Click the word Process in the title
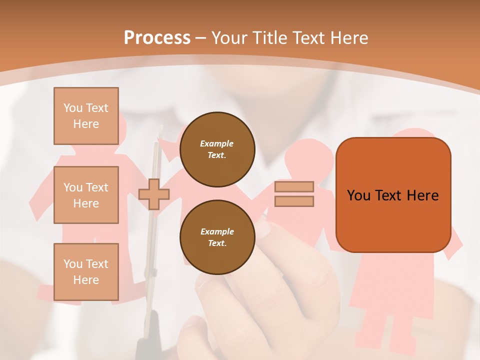[157, 38]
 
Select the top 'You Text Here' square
[86, 116]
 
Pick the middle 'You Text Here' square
[86, 195]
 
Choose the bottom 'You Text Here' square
[86, 272]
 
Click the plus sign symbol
[154, 194]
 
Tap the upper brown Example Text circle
[217, 149]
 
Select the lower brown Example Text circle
[217, 237]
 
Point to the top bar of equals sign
[294, 186]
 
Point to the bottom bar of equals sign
[294, 201]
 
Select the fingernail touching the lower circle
[262, 229]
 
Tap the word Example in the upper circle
[217, 143]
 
